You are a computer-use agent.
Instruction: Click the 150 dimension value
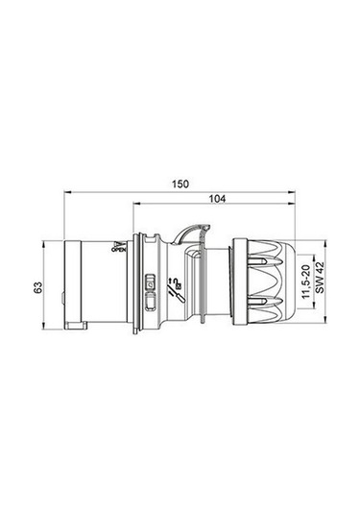pyautogui.click(x=180, y=183)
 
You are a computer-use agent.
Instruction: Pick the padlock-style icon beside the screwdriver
pyautogui.click(x=149, y=282)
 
